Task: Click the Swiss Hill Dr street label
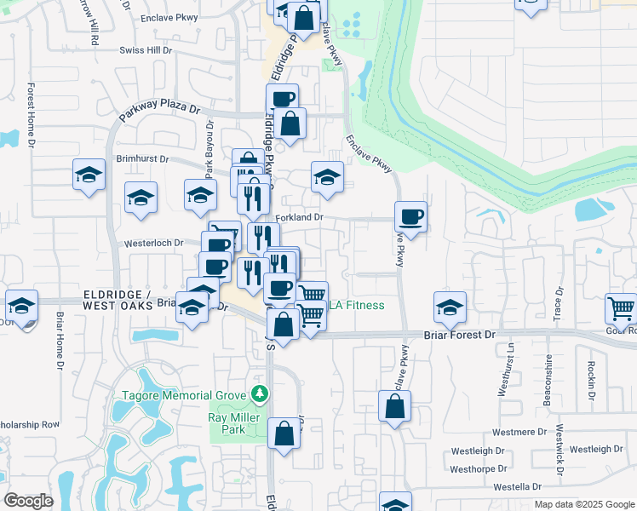tap(146, 51)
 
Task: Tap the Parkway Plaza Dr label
tap(159, 109)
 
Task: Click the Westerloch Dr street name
tap(154, 243)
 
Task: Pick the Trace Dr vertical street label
tap(560, 304)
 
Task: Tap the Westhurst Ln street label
tap(512, 369)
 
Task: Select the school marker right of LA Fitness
tap(450, 307)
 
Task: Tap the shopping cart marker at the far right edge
tap(622, 308)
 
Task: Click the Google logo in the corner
tap(28, 501)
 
